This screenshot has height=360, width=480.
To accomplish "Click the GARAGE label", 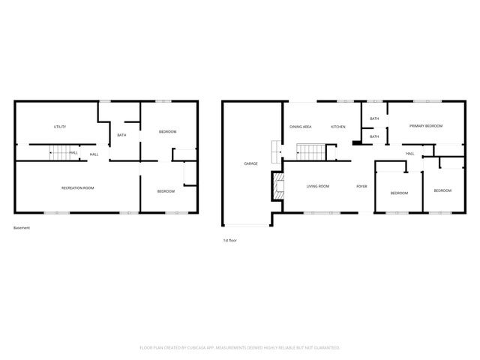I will (250, 163).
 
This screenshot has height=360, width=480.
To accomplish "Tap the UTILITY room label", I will (60, 127).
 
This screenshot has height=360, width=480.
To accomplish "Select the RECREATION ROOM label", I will (77, 187).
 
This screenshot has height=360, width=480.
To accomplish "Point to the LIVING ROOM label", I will (318, 185).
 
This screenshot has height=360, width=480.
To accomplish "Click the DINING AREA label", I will (301, 127).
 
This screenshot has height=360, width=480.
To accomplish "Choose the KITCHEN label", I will (338, 127).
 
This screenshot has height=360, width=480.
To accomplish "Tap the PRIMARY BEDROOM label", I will (425, 126).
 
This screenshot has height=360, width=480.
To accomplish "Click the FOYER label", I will (361, 185).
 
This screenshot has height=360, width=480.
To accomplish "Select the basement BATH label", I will (121, 135).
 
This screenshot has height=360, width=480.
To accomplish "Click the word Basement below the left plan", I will (22, 227).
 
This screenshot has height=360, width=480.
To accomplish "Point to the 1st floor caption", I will (230, 241).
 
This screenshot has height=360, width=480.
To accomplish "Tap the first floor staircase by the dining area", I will (310, 152).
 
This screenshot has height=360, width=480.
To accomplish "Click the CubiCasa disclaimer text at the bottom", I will (240, 347).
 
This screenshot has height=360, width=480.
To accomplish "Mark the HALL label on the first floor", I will (410, 154).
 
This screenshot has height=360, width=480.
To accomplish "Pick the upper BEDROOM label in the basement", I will (167, 132).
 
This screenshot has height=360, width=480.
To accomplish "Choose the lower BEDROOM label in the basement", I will (166, 191).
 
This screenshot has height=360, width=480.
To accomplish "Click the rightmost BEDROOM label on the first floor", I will (442, 190).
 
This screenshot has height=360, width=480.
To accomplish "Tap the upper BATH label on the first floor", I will (374, 118).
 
